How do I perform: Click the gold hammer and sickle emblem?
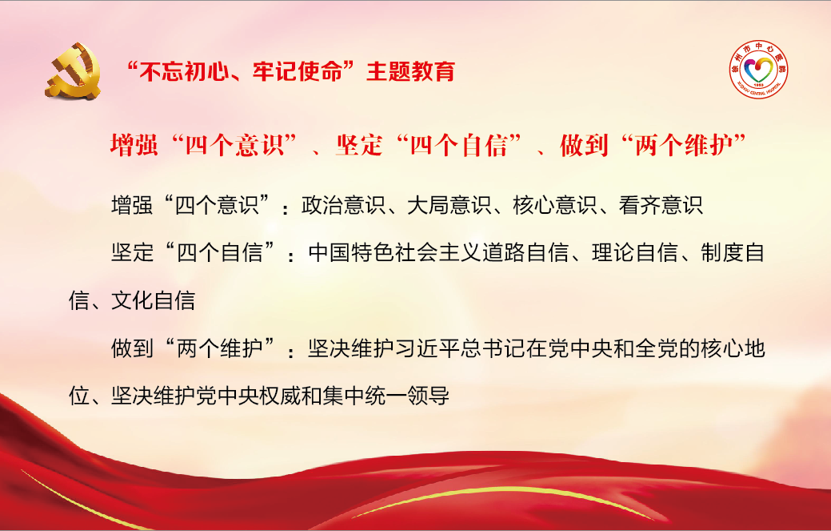73,71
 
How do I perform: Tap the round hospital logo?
758,70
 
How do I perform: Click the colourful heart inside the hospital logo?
759,70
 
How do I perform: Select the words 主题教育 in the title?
411,71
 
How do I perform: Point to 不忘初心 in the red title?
183,71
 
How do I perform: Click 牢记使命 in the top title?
298,71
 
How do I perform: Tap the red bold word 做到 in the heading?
584,145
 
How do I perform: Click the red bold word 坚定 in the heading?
359,145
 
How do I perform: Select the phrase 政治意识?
343,205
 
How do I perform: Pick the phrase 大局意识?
449,205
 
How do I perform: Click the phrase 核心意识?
555,205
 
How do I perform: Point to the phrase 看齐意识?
661,205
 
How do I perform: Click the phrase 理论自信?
635,252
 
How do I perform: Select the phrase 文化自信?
153,301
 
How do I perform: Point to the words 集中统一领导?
386,396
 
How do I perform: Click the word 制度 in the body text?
722,252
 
